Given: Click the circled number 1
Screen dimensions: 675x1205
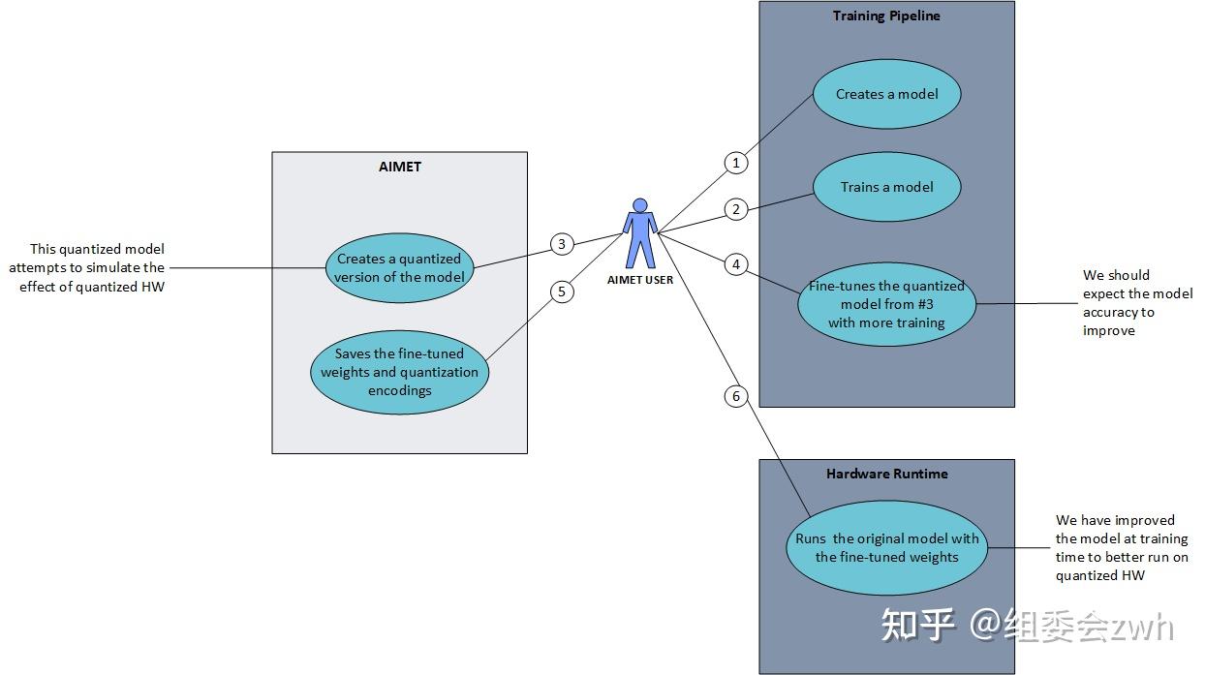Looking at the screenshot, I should tap(736, 163).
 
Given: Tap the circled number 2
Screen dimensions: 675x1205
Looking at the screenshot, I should tap(736, 208).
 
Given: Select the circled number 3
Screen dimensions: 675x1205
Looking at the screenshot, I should tap(562, 244).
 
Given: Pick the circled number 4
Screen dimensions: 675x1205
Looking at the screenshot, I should tap(736, 263).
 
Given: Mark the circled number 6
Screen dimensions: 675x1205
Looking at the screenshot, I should tap(736, 395).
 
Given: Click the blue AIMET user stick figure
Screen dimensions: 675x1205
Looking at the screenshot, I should tap(639, 233).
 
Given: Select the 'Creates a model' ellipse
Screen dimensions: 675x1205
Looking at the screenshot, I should tap(886, 95).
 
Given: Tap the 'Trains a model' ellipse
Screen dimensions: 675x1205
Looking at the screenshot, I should tap(886, 187).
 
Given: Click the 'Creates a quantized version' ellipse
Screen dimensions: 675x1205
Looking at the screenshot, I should tap(399, 267).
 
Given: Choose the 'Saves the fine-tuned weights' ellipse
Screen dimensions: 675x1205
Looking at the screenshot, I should tap(399, 372).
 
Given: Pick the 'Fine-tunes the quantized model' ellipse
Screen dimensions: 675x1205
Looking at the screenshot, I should tap(886, 304).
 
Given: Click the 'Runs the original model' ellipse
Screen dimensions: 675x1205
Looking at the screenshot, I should tap(886, 548).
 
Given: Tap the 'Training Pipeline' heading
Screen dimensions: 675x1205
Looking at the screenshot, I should tap(886, 15).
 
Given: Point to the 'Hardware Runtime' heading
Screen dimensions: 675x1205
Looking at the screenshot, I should tap(886, 474).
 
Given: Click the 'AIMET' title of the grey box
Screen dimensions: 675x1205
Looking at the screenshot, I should tap(399, 167).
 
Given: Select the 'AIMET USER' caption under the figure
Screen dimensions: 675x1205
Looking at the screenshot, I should tap(639, 281).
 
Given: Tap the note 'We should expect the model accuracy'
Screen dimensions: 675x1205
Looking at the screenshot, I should tap(1129, 303).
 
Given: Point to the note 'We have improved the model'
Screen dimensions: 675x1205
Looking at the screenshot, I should tap(1121, 548).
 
